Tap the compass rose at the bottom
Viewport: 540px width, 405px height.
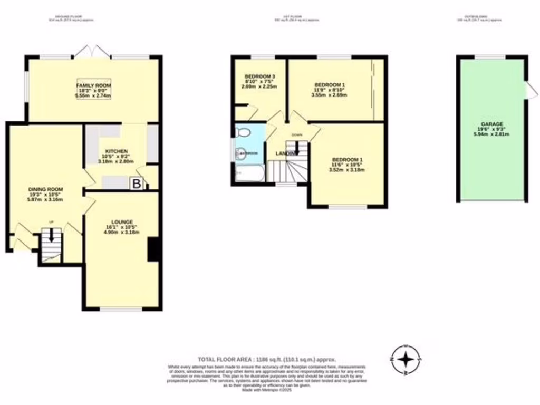pyautogui.click(x=405, y=359)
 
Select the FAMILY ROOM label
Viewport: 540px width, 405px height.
pyautogui.click(x=94, y=85)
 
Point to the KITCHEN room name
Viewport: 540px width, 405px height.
pyautogui.click(x=115, y=151)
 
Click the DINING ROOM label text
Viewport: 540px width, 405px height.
pyautogui.click(x=46, y=189)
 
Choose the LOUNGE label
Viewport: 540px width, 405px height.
pyautogui.click(x=122, y=221)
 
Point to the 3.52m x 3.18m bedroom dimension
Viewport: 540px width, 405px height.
pyautogui.click(x=346, y=170)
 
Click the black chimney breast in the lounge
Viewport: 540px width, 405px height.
pyautogui.click(x=153, y=249)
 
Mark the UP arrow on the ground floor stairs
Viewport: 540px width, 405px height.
pyautogui.click(x=51, y=236)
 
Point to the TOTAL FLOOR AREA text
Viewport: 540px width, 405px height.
pyautogui.click(x=266, y=358)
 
